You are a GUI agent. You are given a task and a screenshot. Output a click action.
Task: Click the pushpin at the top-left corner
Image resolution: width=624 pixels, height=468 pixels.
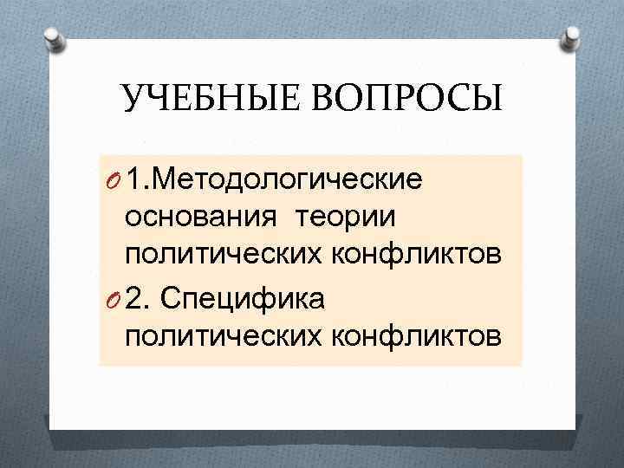53,37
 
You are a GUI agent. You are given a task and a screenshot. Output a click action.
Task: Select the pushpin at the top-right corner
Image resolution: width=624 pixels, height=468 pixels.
571,37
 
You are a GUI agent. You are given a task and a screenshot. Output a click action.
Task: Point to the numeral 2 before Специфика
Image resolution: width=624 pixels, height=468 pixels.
134,298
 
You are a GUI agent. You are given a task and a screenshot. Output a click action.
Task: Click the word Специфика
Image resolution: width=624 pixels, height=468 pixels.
250,298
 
